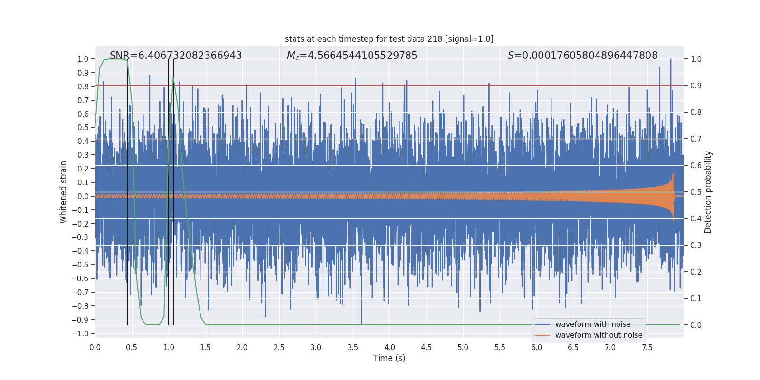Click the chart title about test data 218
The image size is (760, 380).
389,39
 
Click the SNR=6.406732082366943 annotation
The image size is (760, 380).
176,56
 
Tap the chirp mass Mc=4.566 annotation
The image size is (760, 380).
352,56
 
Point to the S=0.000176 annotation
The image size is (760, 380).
582,56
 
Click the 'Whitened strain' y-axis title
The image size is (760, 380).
63,192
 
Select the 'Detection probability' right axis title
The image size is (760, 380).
708,192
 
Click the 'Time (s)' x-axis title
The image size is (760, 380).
389,358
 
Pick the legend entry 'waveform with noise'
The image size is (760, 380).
593,324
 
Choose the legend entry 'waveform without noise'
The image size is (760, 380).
598,335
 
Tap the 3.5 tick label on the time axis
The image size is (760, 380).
352,348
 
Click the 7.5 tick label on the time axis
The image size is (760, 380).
647,348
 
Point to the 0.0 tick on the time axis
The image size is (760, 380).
95,348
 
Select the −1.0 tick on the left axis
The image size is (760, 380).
80,333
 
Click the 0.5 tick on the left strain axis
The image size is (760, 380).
83,127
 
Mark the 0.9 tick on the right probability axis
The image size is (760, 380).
696,86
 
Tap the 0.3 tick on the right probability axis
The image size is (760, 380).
696,246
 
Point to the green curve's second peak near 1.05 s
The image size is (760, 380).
173,78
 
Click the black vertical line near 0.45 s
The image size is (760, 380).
127,190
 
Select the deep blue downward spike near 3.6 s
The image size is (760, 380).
361,321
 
